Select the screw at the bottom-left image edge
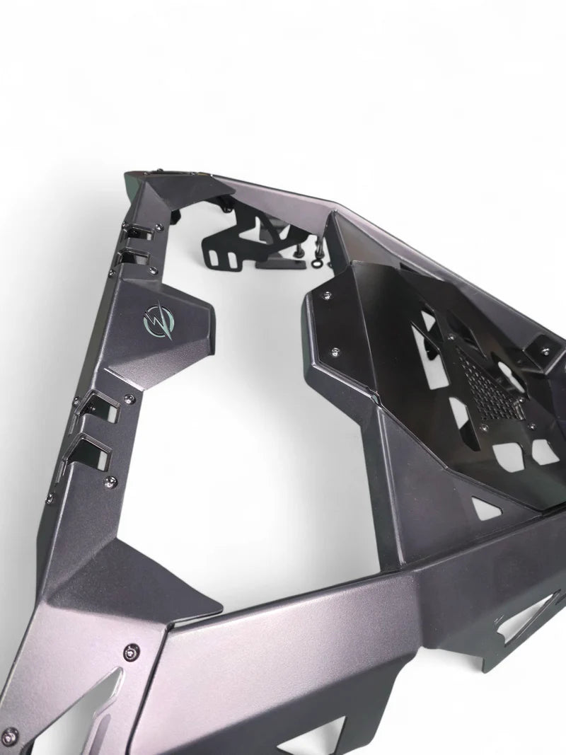(x=10, y=734)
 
